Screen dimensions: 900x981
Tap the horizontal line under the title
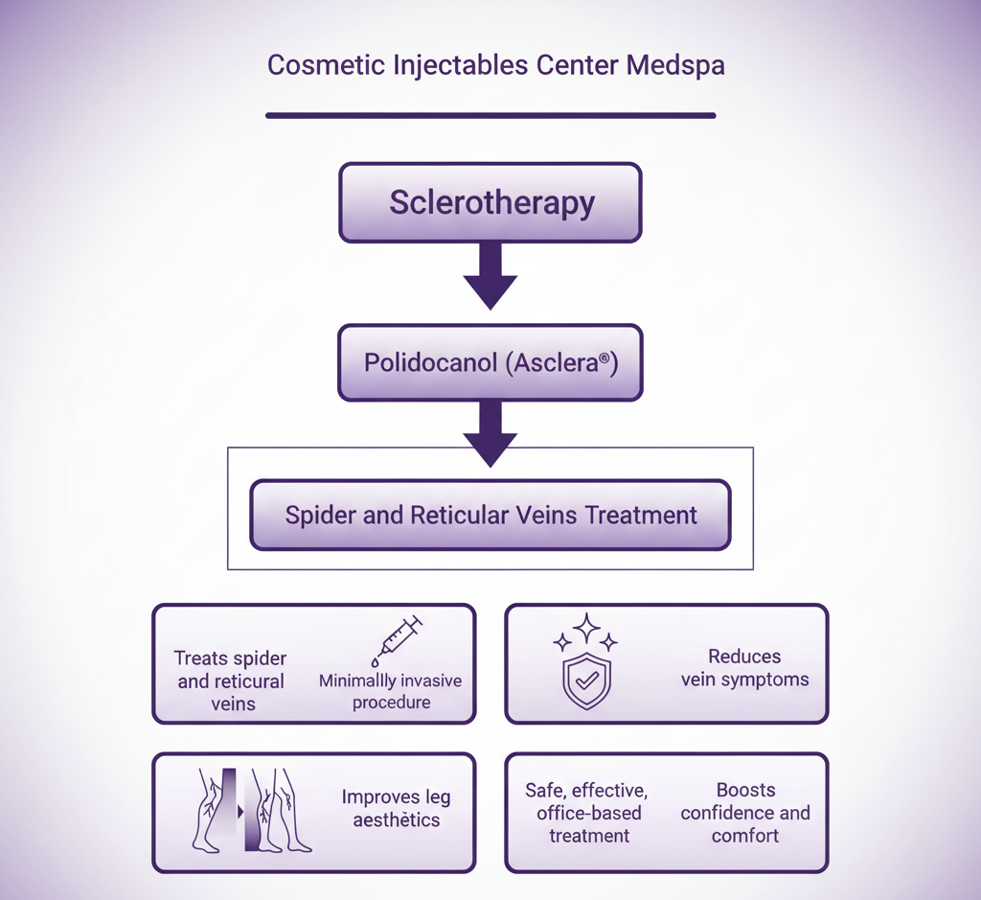(490, 115)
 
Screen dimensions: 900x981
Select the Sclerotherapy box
(490, 202)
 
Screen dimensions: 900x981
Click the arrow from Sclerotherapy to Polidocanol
(490, 276)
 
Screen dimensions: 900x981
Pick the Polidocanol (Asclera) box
(490, 363)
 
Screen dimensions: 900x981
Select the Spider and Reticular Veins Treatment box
(490, 515)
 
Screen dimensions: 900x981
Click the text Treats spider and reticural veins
(231, 681)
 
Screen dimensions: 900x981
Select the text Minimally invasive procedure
(390, 692)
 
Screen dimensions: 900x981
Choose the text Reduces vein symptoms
(744, 668)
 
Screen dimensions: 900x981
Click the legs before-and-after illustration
(251, 811)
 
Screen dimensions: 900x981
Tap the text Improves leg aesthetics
(396, 809)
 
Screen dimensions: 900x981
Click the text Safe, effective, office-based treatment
(587, 813)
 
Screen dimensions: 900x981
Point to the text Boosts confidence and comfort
(745, 813)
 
